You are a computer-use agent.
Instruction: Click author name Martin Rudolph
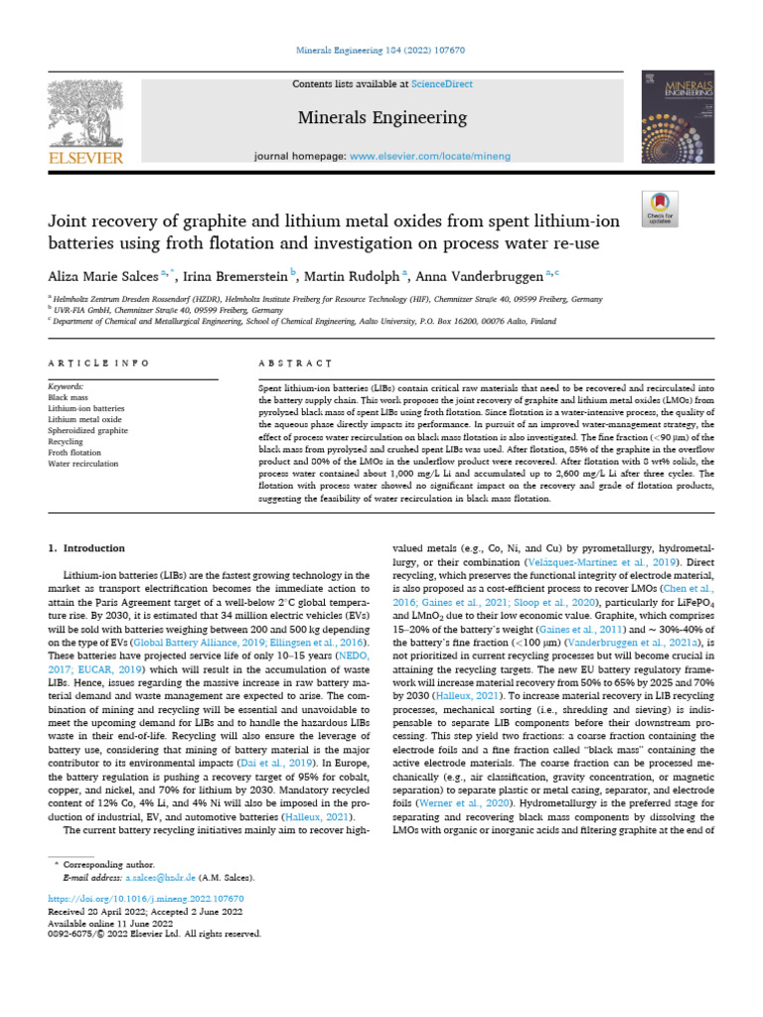click(349, 274)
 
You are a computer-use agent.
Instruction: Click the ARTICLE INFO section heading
click(99, 364)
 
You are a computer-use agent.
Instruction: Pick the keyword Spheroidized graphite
click(87, 430)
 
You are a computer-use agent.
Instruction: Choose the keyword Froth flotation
click(75, 452)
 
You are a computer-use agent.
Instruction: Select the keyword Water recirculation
click(82, 463)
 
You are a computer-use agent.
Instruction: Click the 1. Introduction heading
click(86, 548)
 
